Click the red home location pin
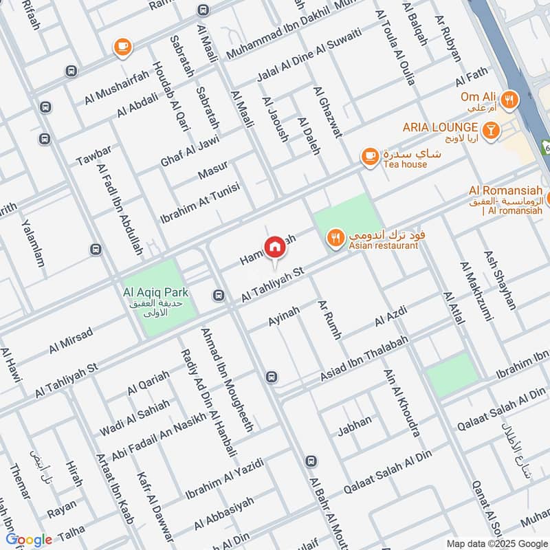(274, 247)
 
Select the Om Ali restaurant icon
(509, 100)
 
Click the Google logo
(28, 540)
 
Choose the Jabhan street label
(354, 426)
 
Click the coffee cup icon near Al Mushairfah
(123, 46)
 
